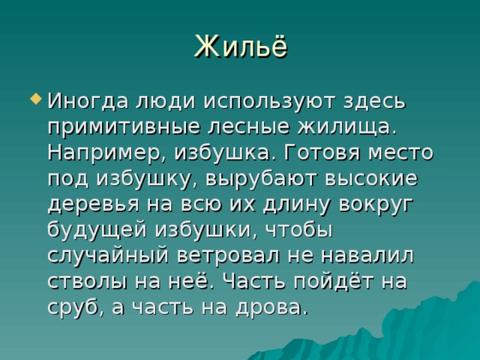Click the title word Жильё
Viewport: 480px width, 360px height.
pyautogui.click(x=241, y=46)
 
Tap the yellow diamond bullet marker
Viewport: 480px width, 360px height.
pyautogui.click(x=36, y=99)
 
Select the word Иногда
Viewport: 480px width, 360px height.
pyautogui.click(x=88, y=101)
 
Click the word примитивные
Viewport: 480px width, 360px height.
pyautogui.click(x=123, y=127)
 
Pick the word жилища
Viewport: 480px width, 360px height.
pyautogui.click(x=346, y=127)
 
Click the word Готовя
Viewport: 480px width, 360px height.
pyautogui.click(x=322, y=152)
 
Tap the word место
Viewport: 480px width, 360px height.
pyautogui.click(x=400, y=153)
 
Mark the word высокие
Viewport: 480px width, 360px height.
pyautogui.click(x=371, y=178)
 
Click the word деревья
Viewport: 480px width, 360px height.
pyautogui.click(x=93, y=204)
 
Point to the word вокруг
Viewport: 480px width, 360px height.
pyautogui.click(x=375, y=204)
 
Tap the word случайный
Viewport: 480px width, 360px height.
pyautogui.click(x=108, y=256)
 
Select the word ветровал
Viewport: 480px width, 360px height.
pyautogui.click(x=228, y=256)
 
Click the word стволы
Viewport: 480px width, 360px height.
pyautogui.click(x=87, y=281)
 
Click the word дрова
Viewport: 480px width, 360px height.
pyautogui.click(x=268, y=307)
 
